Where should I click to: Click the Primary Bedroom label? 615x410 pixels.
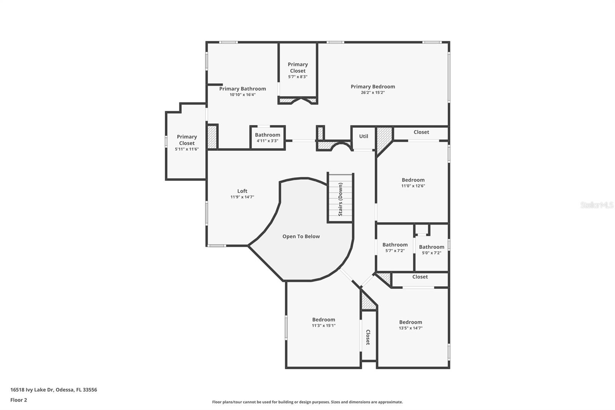(x=372, y=87)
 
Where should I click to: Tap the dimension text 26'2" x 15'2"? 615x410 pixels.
(x=372, y=93)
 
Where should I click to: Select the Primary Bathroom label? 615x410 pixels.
(x=243, y=89)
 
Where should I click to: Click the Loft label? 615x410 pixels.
(x=242, y=191)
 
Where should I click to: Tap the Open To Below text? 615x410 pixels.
(x=301, y=237)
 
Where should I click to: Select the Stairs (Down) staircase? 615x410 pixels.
(x=340, y=199)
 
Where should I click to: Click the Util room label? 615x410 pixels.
(x=364, y=136)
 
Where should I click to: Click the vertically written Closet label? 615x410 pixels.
(x=368, y=337)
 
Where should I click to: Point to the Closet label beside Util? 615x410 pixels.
(x=421, y=132)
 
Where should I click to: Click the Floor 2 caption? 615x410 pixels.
(x=18, y=400)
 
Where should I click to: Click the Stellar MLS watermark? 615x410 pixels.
(x=597, y=205)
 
